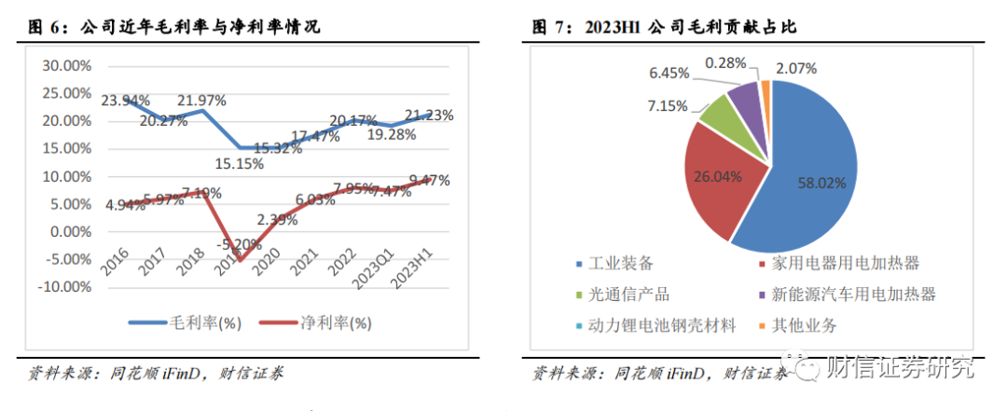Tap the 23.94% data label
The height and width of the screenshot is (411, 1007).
click(124, 100)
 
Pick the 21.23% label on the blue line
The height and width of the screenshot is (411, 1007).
click(429, 116)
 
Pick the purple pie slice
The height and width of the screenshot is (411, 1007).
click(744, 93)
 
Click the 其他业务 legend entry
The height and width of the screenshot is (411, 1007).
click(801, 325)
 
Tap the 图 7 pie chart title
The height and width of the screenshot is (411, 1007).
click(664, 27)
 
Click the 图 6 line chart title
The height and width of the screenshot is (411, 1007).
click(173, 27)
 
